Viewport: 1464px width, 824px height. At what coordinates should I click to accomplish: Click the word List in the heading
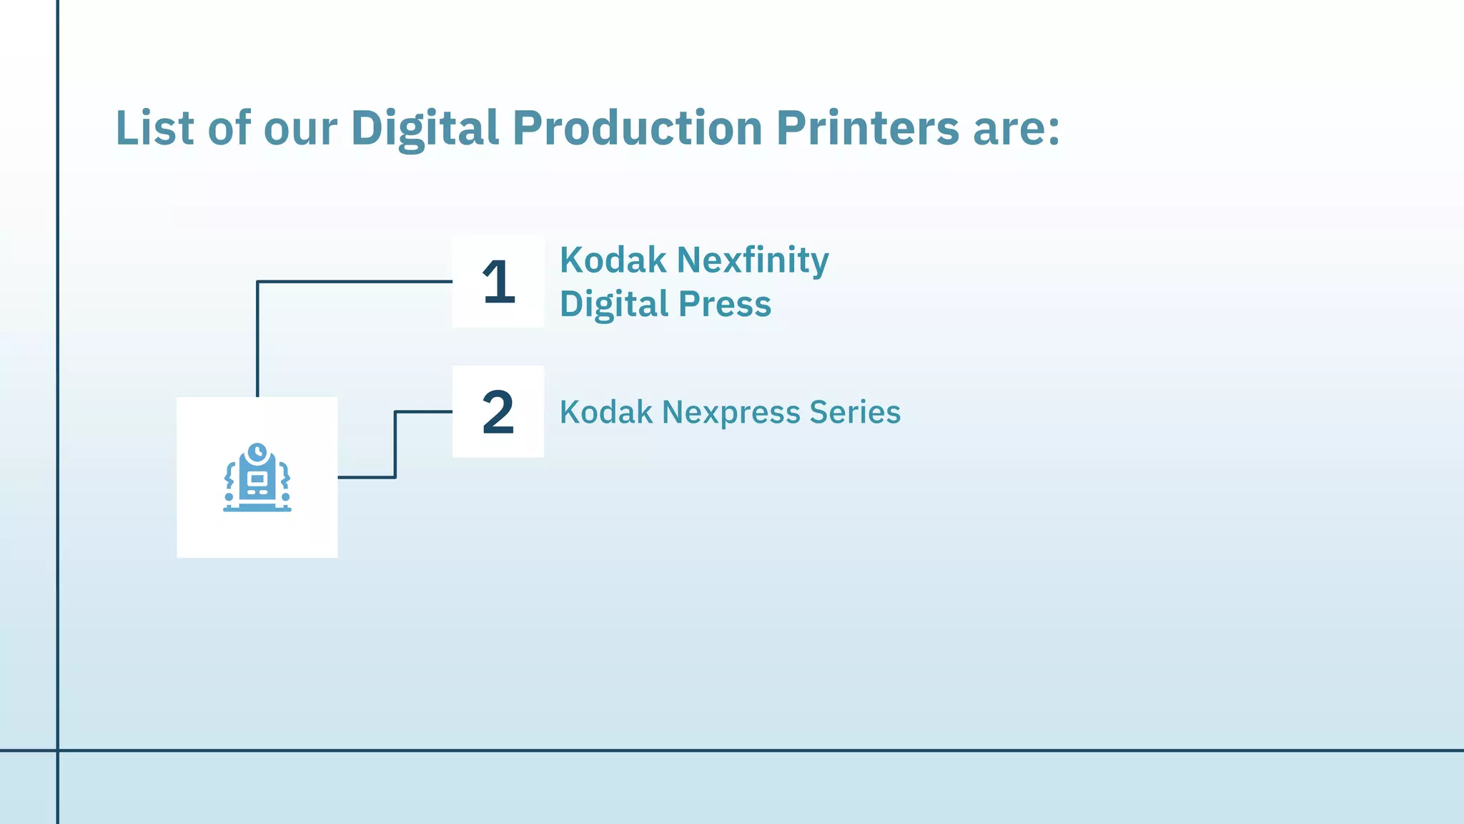coord(154,128)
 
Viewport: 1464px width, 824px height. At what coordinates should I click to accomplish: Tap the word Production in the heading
coord(638,128)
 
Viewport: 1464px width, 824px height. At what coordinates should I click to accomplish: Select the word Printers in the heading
coord(867,128)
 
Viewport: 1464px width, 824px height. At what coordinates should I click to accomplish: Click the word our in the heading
coord(300,129)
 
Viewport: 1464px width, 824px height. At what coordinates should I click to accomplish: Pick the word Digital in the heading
coord(425,128)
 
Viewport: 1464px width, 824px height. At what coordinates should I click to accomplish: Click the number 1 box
coord(498,282)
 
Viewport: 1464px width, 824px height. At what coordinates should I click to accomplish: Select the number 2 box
coord(498,412)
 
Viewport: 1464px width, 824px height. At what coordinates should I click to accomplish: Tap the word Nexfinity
coord(753,260)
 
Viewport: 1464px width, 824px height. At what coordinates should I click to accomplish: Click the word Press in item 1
coord(725,304)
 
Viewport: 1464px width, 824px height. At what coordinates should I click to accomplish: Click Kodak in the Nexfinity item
coord(613,260)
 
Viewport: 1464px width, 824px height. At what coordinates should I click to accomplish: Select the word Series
coord(855,412)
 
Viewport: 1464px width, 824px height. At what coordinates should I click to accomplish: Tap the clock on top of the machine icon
coord(257,453)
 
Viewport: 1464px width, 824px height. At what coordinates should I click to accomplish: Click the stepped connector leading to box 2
coord(395,443)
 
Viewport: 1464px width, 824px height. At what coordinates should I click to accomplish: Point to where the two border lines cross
coord(57,750)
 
